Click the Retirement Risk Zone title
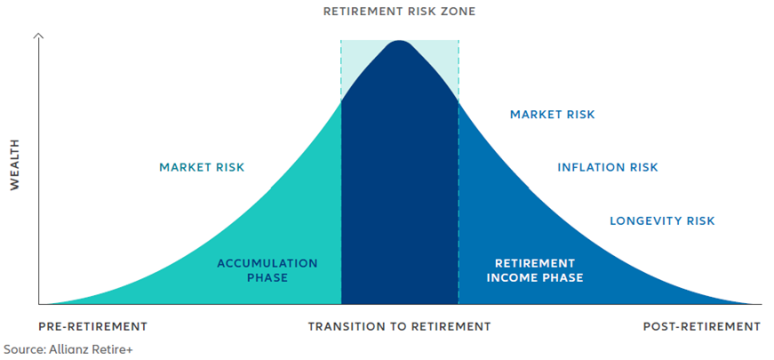pos(399,12)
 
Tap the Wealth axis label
pos(15,164)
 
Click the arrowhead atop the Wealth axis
pos(39,36)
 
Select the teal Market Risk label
pos(202,167)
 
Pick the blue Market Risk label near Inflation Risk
pos(553,115)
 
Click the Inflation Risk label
pos(608,167)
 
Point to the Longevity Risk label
pos(662,220)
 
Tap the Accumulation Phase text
pos(267,270)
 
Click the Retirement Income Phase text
pos(535,270)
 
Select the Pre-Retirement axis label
pos(92,326)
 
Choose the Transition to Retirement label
pos(399,326)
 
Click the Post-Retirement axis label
pos(701,326)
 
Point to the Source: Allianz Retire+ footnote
pos(68,349)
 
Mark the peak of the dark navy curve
pos(399,41)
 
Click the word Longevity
pos(642,220)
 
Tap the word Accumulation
pos(267,263)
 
